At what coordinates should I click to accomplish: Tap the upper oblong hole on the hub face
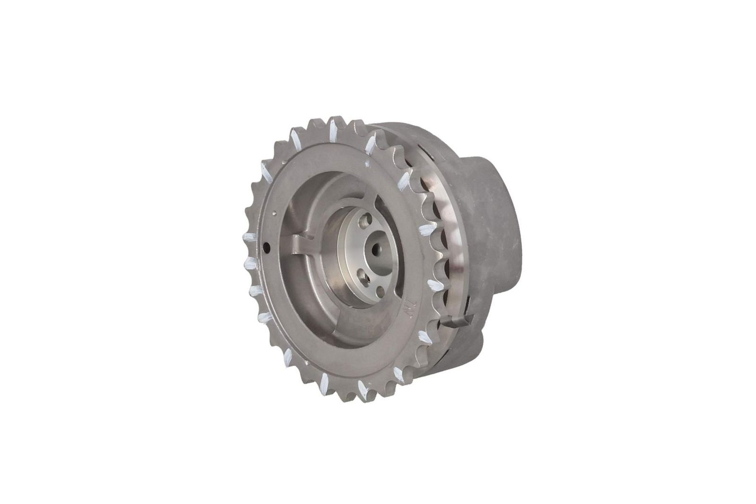point(363,221)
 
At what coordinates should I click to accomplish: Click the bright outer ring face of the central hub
point(350,246)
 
